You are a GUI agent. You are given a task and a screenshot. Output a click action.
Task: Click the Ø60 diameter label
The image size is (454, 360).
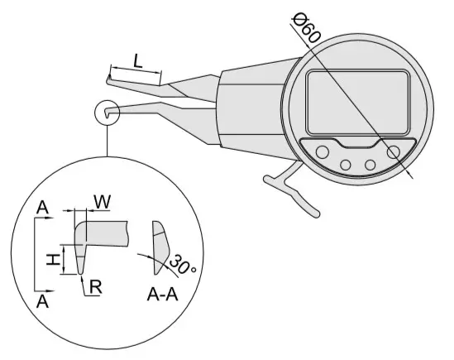coord(306,28)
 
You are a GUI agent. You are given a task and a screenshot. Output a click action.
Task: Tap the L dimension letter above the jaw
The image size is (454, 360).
coord(138,61)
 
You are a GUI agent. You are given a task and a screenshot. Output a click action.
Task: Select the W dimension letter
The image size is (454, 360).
coord(103,202)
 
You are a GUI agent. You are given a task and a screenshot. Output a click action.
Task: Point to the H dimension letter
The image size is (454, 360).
coord(53,259)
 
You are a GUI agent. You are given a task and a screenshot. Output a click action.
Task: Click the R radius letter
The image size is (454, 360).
coord(96,287)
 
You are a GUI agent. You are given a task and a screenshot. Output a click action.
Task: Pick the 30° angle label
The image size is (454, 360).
coord(182,264)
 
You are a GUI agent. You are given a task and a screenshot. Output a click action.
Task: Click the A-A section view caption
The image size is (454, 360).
coord(162,295)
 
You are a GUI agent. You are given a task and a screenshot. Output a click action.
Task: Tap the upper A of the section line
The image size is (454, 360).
coord(42,208)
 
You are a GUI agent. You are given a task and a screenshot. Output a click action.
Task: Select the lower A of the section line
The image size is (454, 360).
coord(42,301)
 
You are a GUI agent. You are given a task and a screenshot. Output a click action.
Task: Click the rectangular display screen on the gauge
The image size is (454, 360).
coord(358,103)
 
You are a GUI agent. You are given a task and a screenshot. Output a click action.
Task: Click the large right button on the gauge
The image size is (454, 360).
coord(393,152)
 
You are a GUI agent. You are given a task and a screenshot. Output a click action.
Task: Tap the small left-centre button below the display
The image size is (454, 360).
coord(346,165)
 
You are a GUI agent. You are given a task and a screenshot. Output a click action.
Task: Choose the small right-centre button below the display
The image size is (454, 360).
coord(370,165)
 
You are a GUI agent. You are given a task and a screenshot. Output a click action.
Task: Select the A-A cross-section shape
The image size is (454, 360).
coord(160,247)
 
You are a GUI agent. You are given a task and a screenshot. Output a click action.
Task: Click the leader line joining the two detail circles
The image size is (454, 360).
coord(108,141)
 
